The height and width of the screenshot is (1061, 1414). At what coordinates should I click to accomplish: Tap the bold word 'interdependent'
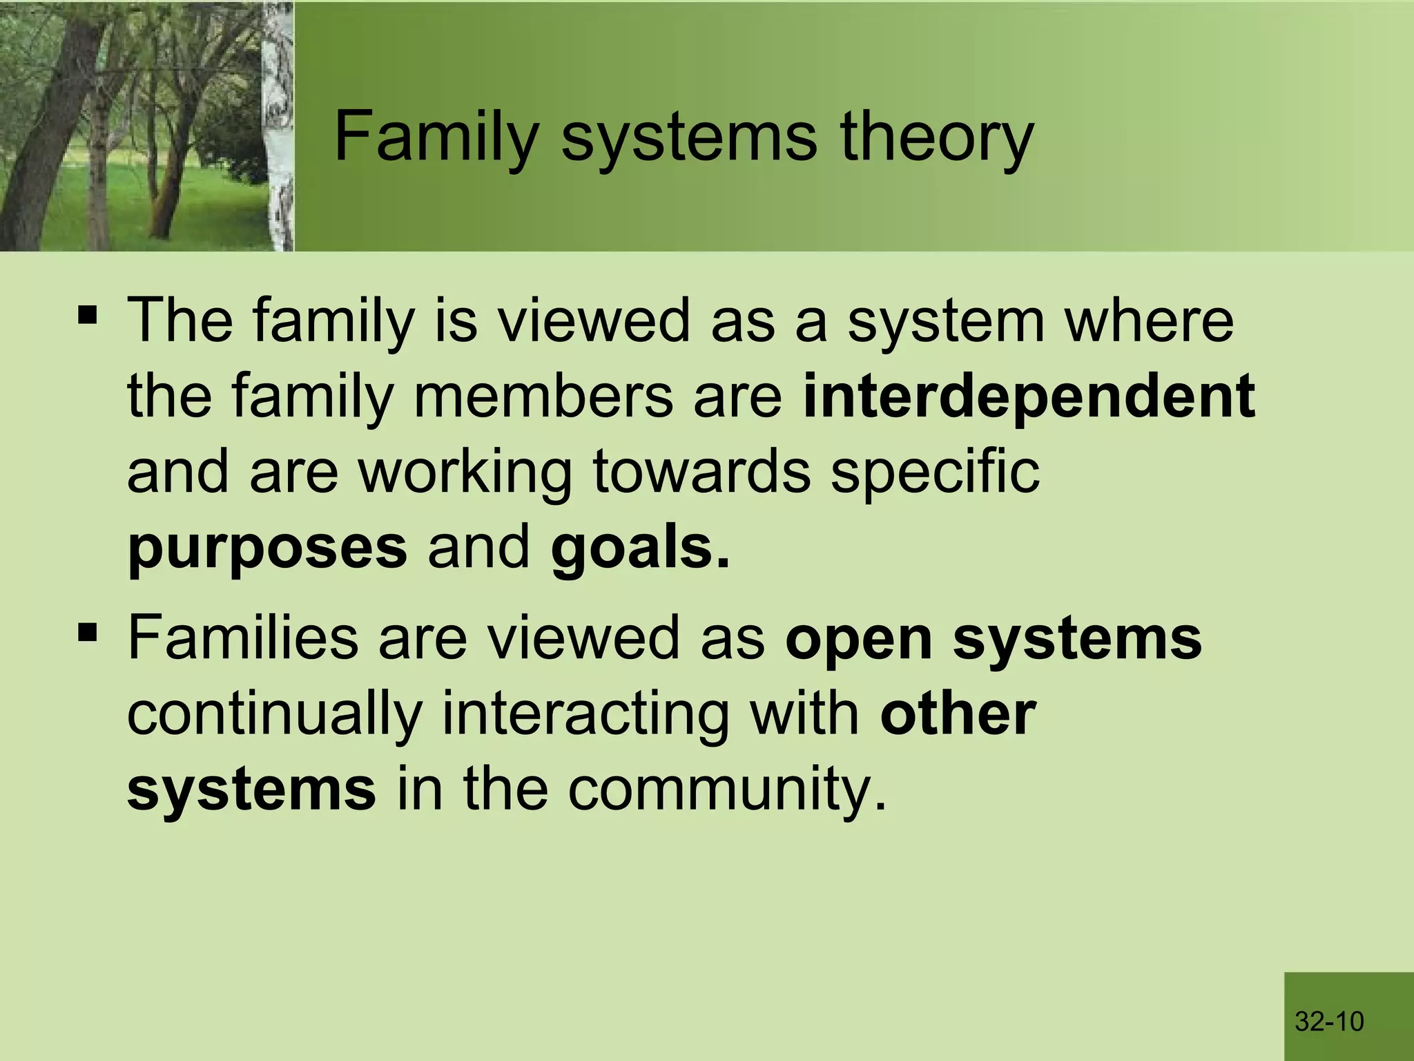pyautogui.click(x=1029, y=398)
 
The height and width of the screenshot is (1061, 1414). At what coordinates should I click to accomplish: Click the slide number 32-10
pyautogui.click(x=1329, y=1021)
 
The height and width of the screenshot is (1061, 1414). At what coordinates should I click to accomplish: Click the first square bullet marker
pyautogui.click(x=88, y=316)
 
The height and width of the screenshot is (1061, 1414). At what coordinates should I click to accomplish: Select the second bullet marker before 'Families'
pyautogui.click(x=88, y=632)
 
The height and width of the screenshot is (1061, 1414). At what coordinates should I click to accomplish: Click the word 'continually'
pyautogui.click(x=274, y=714)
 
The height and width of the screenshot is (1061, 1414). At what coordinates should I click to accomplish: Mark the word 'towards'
pyautogui.click(x=701, y=472)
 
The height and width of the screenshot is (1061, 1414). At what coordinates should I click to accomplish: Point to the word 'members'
pyautogui.click(x=543, y=396)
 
